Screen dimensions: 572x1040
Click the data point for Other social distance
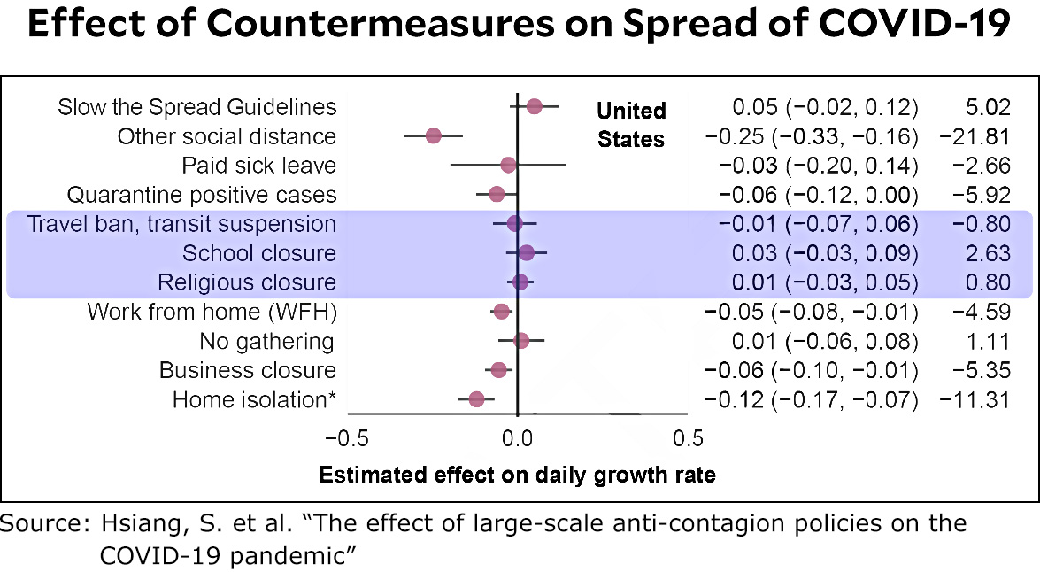click(x=433, y=135)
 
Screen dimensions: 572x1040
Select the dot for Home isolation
click(x=476, y=399)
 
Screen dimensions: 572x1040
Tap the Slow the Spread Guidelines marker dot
click(x=535, y=106)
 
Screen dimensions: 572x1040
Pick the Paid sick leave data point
click(x=507, y=165)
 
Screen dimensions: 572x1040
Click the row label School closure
click(x=259, y=253)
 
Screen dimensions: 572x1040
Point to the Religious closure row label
click(x=247, y=282)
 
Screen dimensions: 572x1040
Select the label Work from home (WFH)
click(x=212, y=312)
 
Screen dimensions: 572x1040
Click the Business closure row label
click(x=248, y=370)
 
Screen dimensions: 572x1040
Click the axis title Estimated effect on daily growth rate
click(x=517, y=475)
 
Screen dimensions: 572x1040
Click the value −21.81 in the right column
click(x=975, y=136)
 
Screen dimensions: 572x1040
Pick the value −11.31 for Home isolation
click(x=975, y=400)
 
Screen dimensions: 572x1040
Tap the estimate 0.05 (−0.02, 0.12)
click(x=825, y=107)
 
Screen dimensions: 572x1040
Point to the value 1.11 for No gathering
click(x=989, y=342)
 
